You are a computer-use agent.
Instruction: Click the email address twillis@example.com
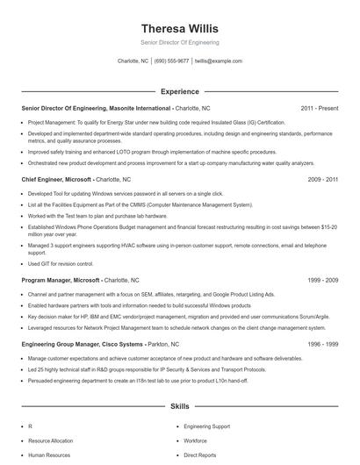(x=218, y=61)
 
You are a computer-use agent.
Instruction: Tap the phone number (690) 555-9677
(x=171, y=61)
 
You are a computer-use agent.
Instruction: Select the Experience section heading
(x=179, y=91)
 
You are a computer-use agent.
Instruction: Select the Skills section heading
(x=179, y=407)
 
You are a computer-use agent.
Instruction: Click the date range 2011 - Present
(x=319, y=108)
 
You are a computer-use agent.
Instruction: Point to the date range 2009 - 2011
(x=322, y=178)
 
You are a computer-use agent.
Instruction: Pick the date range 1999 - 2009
(x=322, y=280)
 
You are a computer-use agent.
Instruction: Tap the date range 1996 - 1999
(x=322, y=345)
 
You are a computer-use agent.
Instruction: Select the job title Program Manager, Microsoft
(x=61, y=280)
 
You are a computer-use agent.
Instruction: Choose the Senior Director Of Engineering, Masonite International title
(x=96, y=108)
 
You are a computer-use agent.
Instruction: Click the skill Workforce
(x=196, y=440)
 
